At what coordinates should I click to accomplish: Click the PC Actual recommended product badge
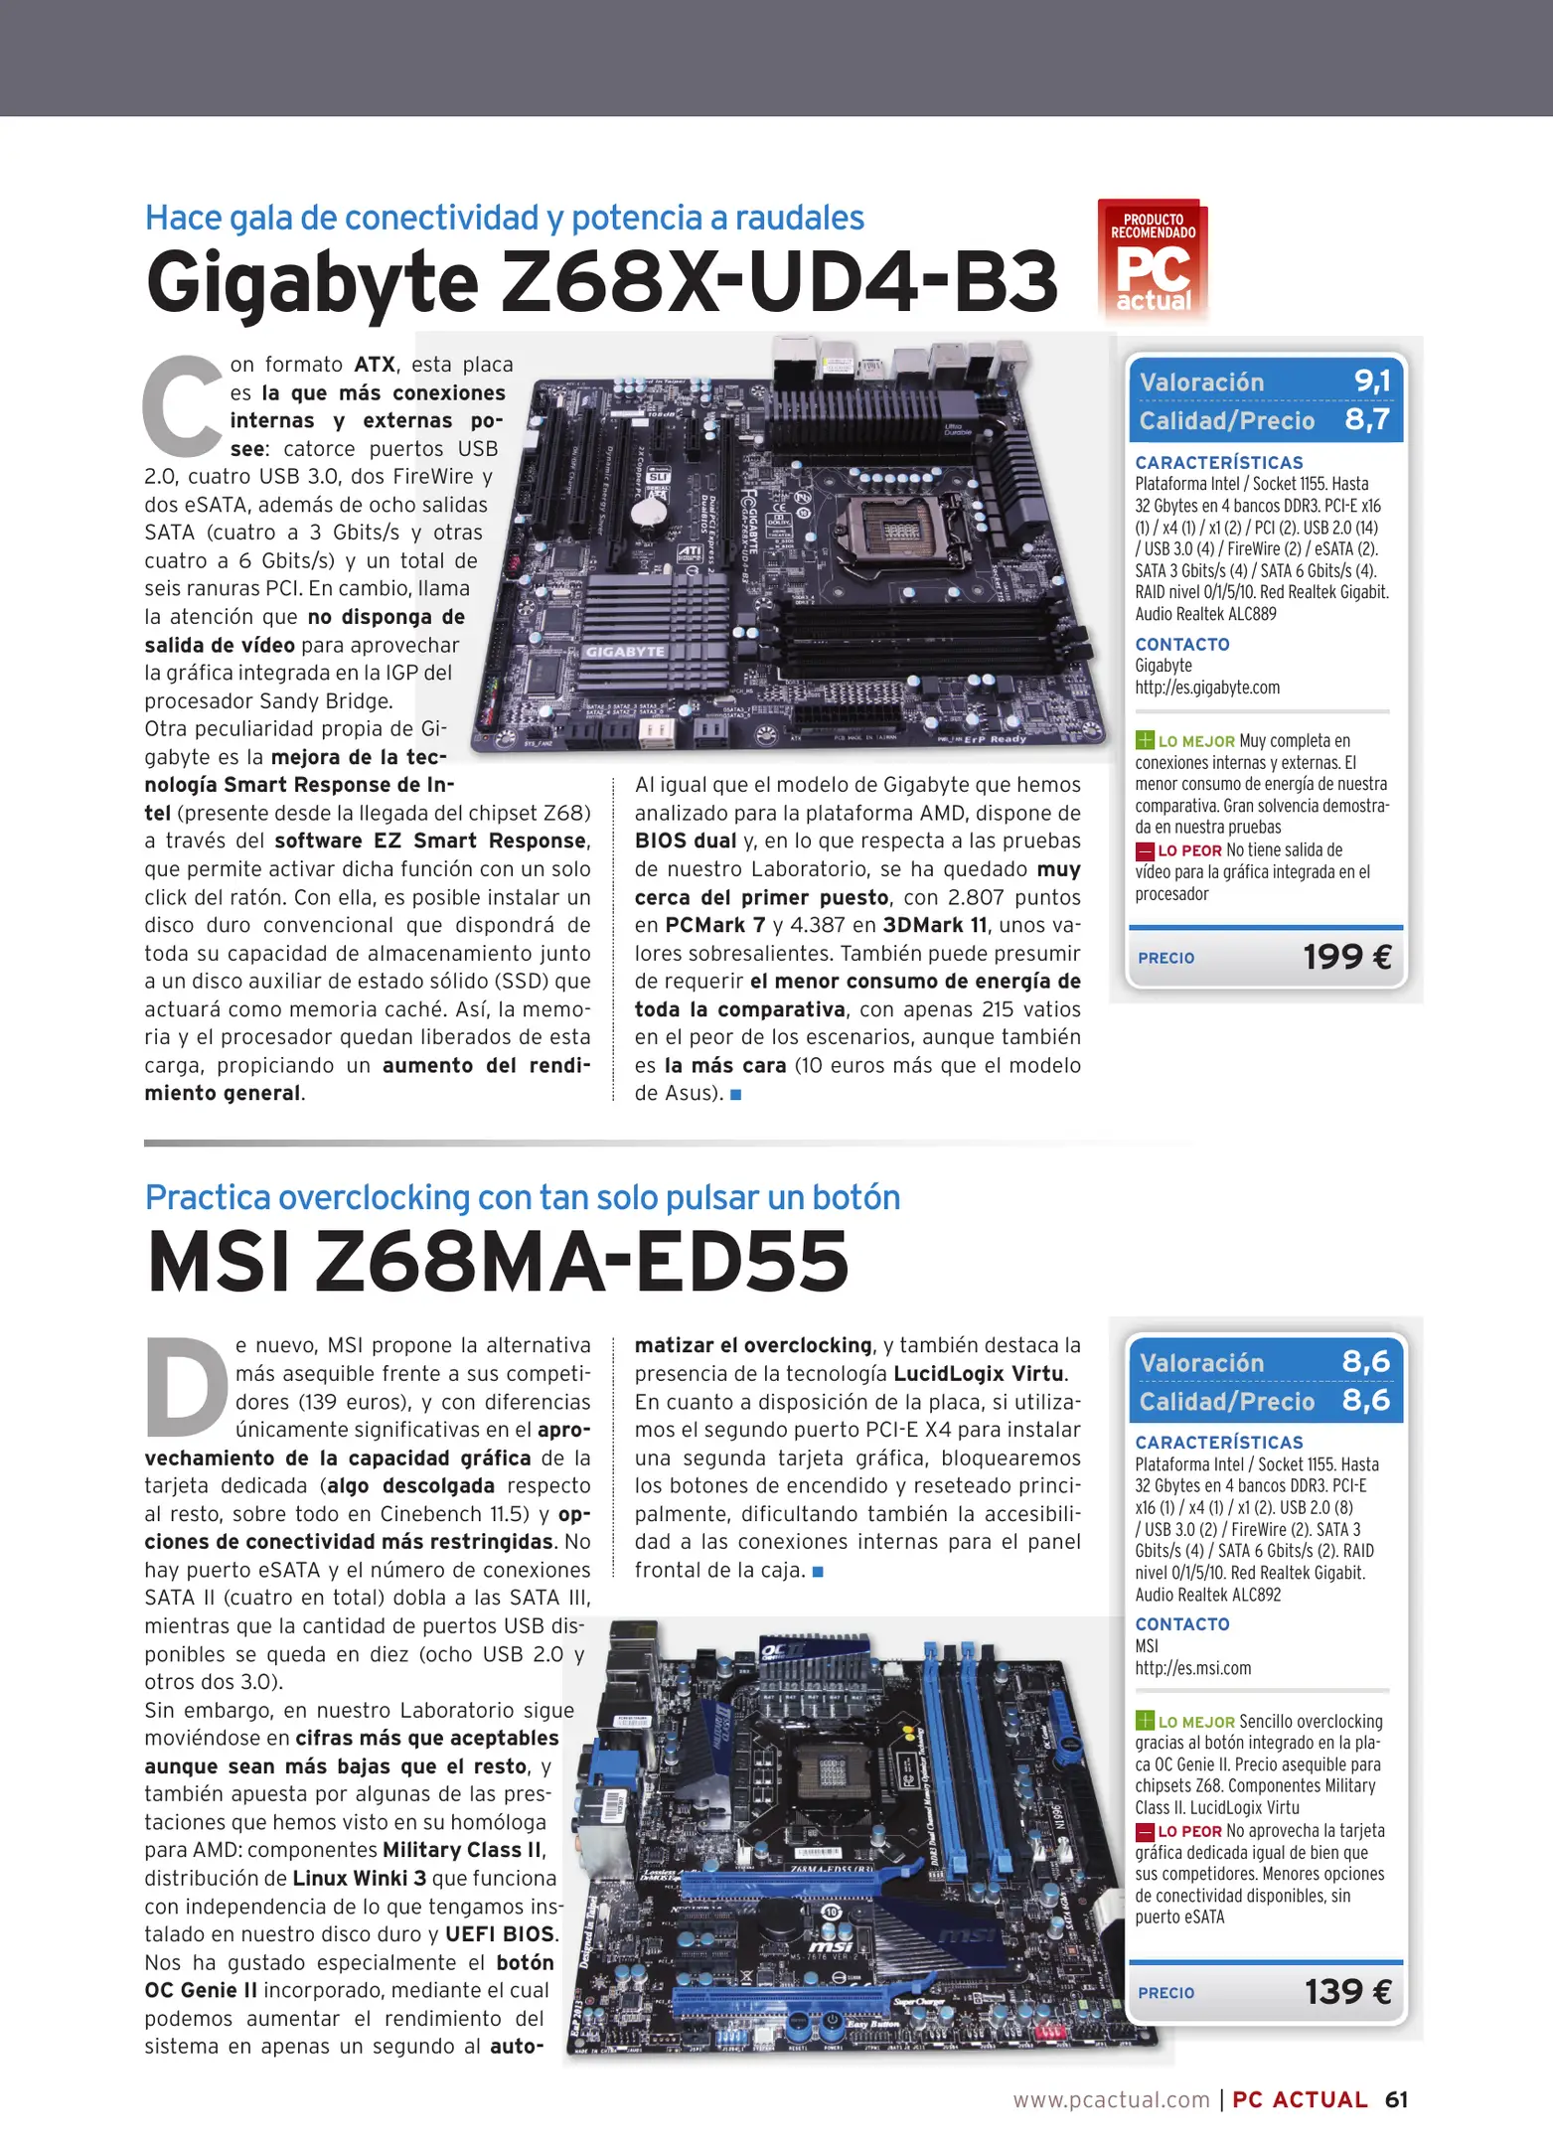(1153, 260)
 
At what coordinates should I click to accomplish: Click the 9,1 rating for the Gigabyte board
(1372, 381)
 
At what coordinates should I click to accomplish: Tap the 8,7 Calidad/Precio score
(1367, 419)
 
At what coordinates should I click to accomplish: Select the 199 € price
(1346, 957)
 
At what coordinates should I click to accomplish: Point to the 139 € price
(1347, 1992)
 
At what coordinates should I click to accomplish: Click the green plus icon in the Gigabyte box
(1145, 740)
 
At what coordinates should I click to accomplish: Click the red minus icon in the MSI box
(1145, 1831)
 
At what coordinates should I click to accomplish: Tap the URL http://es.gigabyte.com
(1207, 688)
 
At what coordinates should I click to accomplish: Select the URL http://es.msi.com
(1192, 1668)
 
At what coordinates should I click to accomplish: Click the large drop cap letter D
(187, 1388)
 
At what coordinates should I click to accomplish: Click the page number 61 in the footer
(1396, 2099)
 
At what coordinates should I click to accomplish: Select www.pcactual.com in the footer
(1111, 2099)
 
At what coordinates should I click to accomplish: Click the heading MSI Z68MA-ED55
(498, 1262)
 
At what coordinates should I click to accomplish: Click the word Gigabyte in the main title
(312, 283)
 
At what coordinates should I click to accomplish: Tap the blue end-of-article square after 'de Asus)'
(736, 1094)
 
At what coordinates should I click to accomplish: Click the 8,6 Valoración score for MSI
(1365, 1361)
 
